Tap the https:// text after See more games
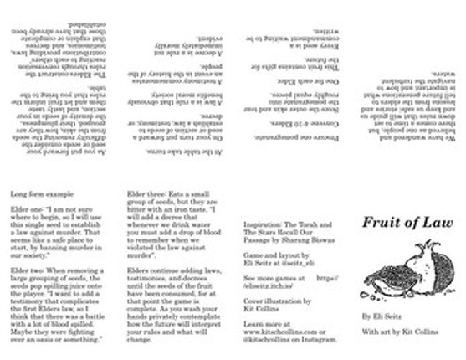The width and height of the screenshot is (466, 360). tap(329, 278)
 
